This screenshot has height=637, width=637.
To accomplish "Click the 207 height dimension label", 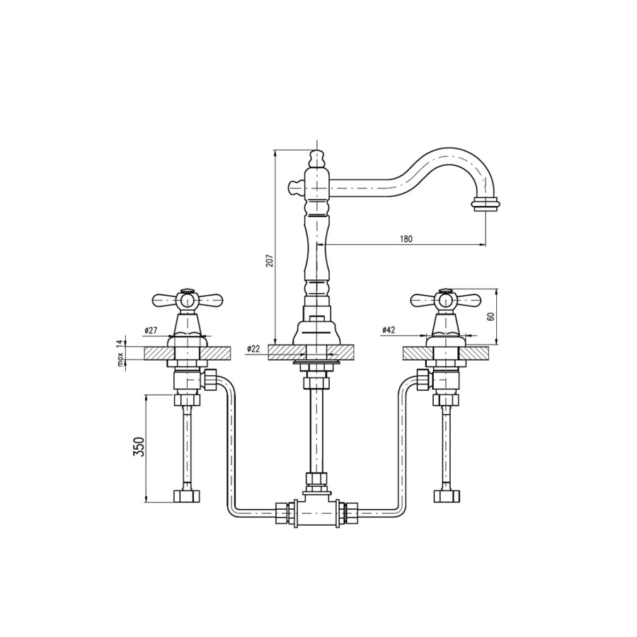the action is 270,260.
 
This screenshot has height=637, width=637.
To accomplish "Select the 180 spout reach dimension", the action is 406,239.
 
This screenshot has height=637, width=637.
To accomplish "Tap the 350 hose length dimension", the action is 139,447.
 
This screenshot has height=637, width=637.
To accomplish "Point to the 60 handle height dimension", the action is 490,317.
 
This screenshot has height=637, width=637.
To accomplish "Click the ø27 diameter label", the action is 151,331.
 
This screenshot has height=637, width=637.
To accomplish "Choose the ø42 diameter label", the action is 389,330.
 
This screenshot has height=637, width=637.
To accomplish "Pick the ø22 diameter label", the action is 253,348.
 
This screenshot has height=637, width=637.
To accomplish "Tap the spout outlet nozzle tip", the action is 486,204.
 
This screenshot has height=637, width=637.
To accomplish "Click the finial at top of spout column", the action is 318,159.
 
